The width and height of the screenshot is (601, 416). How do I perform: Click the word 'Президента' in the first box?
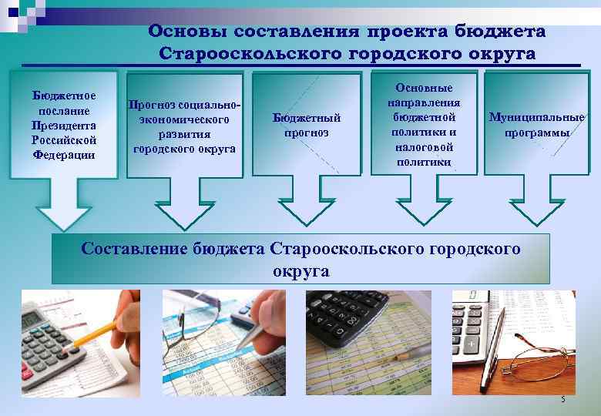pyautogui.click(x=64, y=125)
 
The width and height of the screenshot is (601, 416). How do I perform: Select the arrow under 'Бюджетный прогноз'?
pyautogui.click(x=306, y=203)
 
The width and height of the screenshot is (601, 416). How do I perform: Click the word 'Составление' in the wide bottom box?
pyautogui.click(x=129, y=249)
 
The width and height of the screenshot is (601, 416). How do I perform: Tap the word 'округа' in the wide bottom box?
pyautogui.click(x=300, y=271)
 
